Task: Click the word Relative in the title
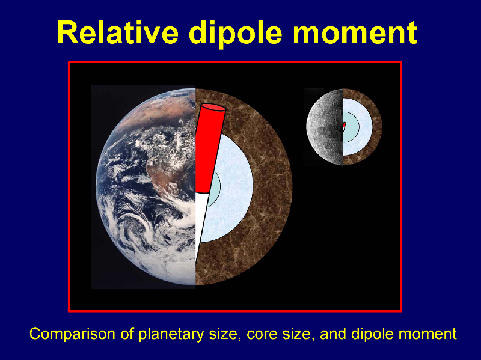pos(117,32)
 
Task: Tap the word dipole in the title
pos(235,34)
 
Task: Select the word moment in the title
pos(355,33)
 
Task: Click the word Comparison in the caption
pos(73,334)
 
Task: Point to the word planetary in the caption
pos(171,334)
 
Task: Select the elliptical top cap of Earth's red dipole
pos(213,108)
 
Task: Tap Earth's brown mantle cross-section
pos(270,187)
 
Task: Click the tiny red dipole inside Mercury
pos(344,125)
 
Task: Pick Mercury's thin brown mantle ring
pos(378,127)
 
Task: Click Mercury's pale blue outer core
pos(365,127)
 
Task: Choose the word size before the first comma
pos(223,334)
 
